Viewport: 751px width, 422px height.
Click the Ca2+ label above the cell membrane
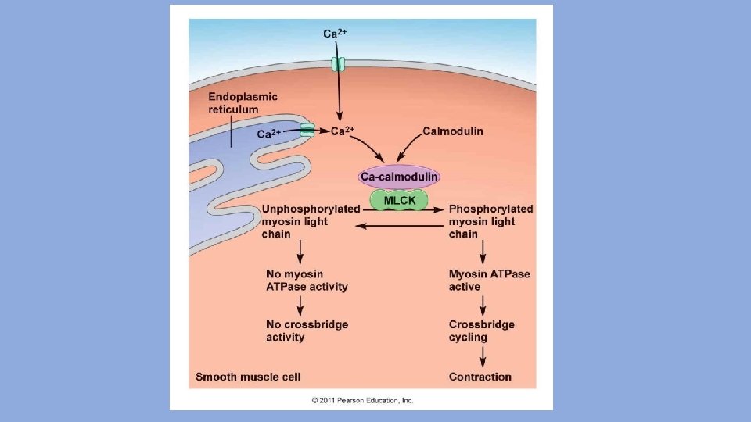pyautogui.click(x=336, y=34)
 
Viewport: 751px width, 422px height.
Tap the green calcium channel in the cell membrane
pyautogui.click(x=338, y=63)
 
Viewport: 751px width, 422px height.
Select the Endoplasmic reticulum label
pyautogui.click(x=243, y=102)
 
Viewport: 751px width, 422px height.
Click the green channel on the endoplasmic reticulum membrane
pyautogui.click(x=307, y=131)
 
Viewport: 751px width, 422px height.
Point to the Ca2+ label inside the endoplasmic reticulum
pyautogui.click(x=270, y=134)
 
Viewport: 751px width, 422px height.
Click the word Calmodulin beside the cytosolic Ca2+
pyautogui.click(x=453, y=131)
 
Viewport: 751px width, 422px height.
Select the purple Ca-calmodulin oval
pyautogui.click(x=399, y=177)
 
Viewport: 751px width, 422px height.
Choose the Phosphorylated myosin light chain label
pyautogui.click(x=490, y=221)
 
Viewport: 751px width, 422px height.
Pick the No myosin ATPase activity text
pyautogui.click(x=307, y=280)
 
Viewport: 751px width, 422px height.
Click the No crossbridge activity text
pyautogui.click(x=307, y=331)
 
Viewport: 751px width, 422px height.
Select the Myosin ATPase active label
pyautogui.click(x=489, y=280)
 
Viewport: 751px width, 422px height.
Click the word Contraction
pyautogui.click(x=480, y=377)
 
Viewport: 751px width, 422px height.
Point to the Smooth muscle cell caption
pyautogui.click(x=248, y=377)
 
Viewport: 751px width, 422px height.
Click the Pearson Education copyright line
pyautogui.click(x=362, y=400)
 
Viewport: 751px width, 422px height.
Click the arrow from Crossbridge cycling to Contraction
pyautogui.click(x=483, y=356)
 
